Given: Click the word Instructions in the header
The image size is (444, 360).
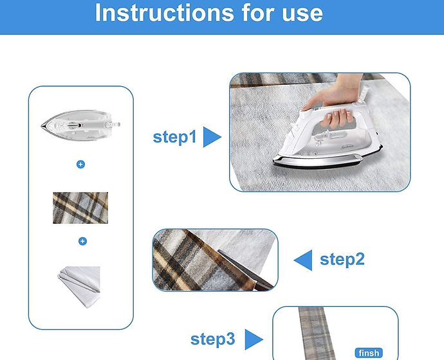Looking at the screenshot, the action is tap(165, 13).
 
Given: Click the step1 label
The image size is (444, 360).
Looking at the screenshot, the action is tap(174, 137).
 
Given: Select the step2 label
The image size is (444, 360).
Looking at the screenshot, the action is tap(342, 259).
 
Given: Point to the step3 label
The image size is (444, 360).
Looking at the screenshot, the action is tap(212, 339).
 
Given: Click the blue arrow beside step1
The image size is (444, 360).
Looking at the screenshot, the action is tap(212, 137).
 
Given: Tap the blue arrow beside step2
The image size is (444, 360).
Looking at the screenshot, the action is tap(303, 260).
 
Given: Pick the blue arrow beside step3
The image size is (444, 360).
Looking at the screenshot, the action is tap(254, 339).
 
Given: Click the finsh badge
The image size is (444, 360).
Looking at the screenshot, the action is tap(369, 353).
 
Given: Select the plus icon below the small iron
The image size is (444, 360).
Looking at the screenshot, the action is tap(80, 165).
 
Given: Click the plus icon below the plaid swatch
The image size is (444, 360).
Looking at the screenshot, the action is tap(82, 241).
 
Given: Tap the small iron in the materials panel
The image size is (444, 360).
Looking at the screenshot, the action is tap(80, 125).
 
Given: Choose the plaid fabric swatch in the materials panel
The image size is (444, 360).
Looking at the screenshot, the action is tap(80, 208).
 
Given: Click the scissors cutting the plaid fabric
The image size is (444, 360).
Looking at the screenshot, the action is tap(246, 271).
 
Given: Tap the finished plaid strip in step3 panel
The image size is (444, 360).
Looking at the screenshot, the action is tap(317, 333).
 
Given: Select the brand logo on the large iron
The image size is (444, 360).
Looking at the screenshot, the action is tap(347, 147).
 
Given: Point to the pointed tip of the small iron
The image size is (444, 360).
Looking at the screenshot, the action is tap(42, 126).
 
